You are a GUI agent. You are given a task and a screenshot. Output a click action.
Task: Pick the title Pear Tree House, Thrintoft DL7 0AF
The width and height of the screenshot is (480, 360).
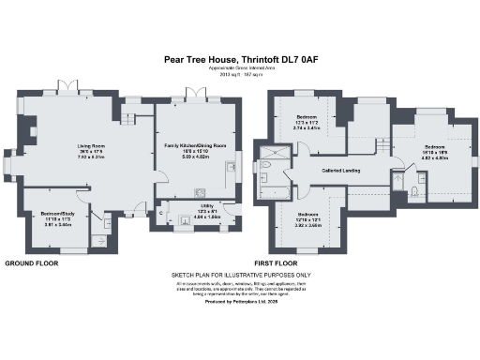point(239,57)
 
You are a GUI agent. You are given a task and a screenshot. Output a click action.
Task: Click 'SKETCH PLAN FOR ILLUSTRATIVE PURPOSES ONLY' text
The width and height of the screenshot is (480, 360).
point(239,276)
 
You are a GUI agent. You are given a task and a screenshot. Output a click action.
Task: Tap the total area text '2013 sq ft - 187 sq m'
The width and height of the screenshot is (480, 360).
point(239,75)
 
